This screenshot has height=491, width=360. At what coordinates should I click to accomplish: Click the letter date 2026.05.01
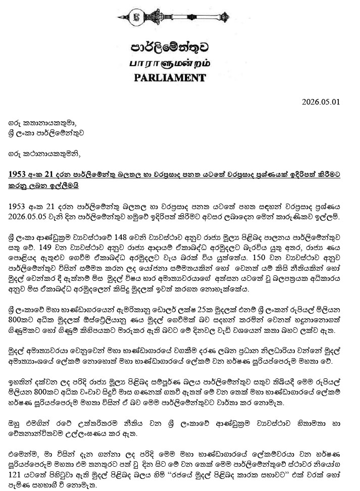321,101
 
